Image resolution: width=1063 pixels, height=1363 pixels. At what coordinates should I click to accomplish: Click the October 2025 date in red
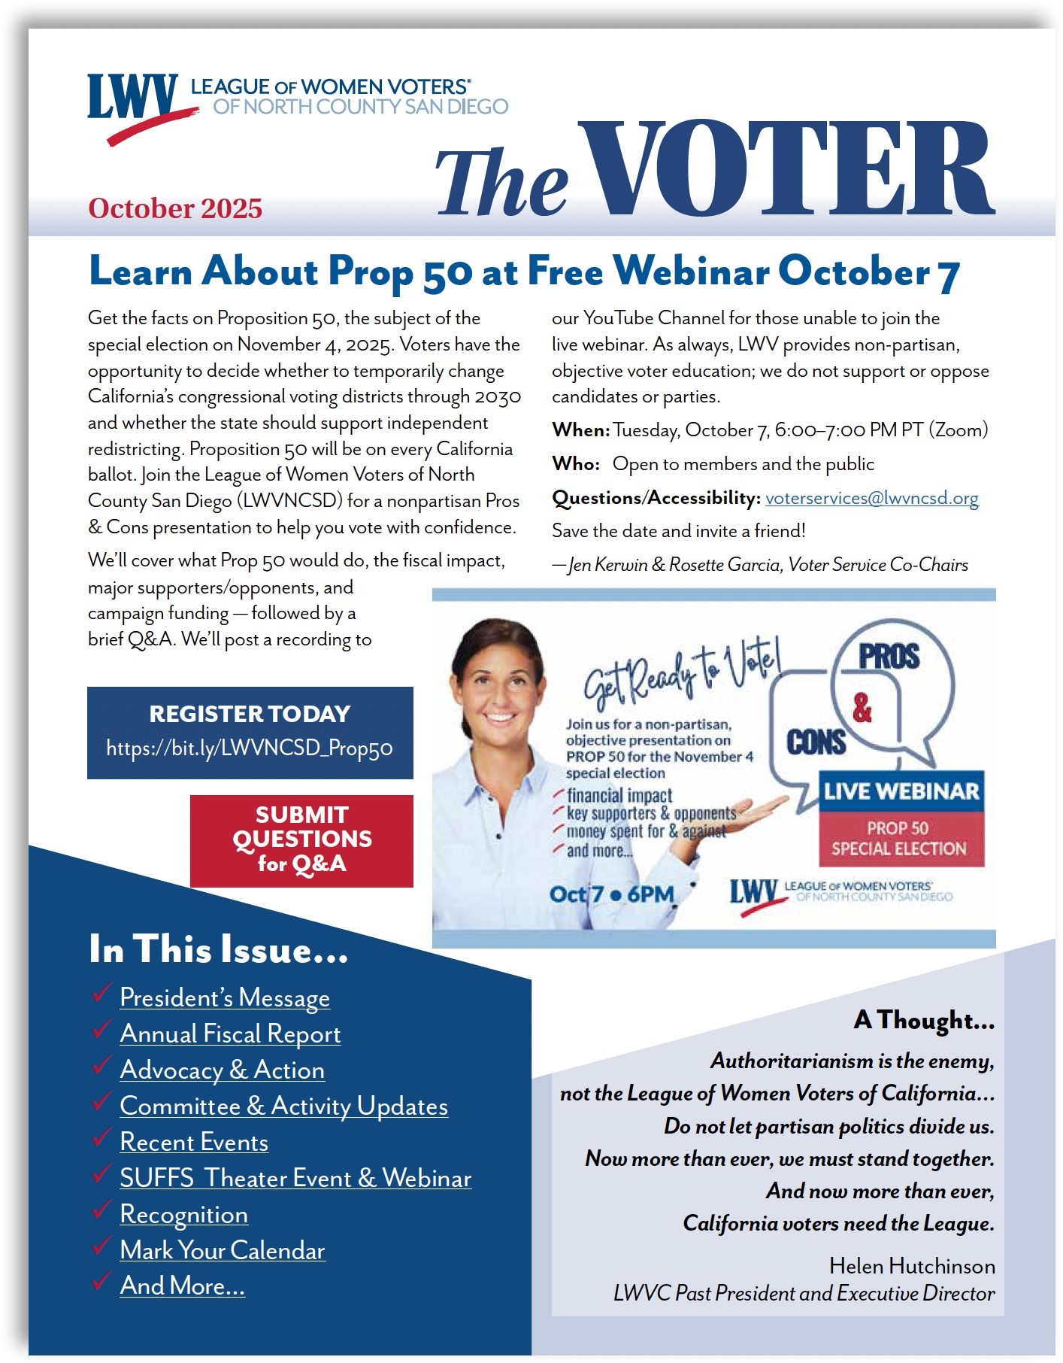[x=175, y=208]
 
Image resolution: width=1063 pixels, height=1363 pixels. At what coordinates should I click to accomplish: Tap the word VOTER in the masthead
[x=786, y=170]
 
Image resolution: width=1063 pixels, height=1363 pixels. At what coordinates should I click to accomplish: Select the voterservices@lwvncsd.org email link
[x=871, y=498]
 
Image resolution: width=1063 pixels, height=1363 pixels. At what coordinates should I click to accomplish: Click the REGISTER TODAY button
[x=250, y=732]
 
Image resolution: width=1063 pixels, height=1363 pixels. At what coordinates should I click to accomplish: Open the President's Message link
[x=225, y=997]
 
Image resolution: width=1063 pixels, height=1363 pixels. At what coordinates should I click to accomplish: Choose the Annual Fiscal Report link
[x=230, y=1034]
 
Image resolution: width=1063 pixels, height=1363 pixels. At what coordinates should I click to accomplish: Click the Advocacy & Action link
[x=222, y=1070]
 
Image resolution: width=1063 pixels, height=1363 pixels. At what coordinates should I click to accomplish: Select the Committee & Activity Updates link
[x=283, y=1106]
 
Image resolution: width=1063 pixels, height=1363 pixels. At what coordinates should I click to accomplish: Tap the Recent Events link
[x=194, y=1142]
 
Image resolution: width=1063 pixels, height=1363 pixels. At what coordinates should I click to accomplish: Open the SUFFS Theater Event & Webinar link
[x=295, y=1178]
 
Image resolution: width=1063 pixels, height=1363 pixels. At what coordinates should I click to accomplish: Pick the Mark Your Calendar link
[x=223, y=1250]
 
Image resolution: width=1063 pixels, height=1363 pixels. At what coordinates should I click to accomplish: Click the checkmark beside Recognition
[x=101, y=1210]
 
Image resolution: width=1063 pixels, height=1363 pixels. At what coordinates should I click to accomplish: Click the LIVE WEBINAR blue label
[x=901, y=791]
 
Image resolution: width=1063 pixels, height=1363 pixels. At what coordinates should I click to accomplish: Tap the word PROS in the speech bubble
[x=889, y=657]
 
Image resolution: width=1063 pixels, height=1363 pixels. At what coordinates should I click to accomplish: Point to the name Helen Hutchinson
[x=912, y=1266]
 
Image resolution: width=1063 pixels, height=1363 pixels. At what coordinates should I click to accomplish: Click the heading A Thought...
[x=924, y=1020]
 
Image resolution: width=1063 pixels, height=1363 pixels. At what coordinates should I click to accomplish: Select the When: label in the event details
[x=580, y=430]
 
